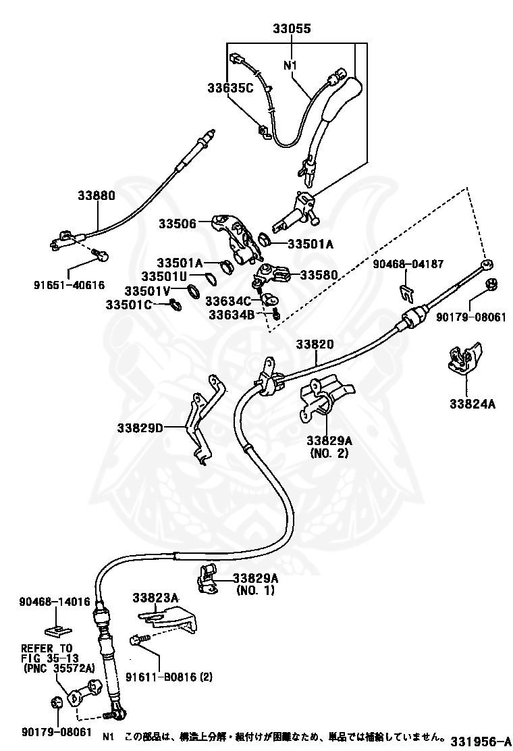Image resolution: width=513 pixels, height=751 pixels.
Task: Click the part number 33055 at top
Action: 292,29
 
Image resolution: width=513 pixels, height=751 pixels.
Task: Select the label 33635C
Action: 230,88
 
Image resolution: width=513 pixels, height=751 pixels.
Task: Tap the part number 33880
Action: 97,195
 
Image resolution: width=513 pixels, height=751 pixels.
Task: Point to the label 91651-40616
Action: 69,285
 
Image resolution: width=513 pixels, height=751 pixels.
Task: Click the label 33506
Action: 178,223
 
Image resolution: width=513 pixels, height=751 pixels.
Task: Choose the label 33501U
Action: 163,276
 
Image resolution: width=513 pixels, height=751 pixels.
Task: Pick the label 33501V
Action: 147,290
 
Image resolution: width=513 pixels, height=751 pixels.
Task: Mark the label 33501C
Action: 129,305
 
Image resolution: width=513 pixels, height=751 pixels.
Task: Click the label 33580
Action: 319,275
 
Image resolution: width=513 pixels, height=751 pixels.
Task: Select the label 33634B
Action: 232,315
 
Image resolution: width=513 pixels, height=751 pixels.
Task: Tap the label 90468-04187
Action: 408,264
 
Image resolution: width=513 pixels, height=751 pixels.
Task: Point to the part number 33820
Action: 315,344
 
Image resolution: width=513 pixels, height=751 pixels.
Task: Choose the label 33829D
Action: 140,428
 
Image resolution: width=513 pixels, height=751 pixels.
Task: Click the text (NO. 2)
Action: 329,452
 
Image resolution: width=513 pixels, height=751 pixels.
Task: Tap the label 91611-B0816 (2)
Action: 169,677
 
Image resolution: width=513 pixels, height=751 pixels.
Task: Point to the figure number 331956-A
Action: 478,740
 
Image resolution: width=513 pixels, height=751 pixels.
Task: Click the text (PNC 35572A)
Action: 59,668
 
